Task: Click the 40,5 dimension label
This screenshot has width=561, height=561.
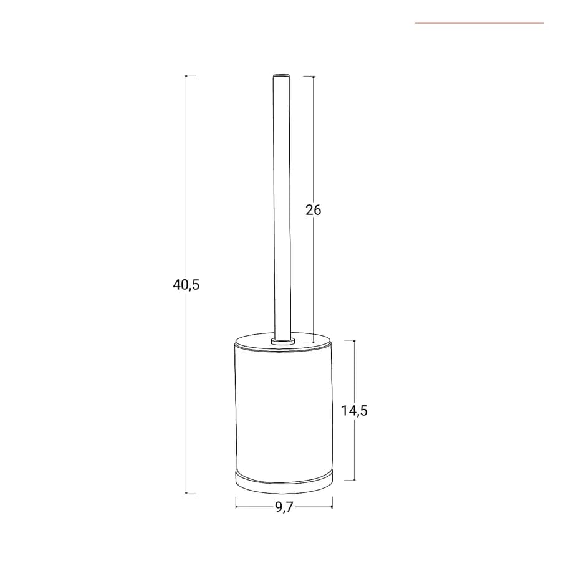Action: (186, 285)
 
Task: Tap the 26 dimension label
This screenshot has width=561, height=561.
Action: (314, 210)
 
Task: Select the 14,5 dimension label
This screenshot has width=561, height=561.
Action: (354, 411)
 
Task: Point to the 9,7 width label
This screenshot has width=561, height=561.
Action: (284, 507)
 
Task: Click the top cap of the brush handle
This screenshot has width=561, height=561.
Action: (282, 75)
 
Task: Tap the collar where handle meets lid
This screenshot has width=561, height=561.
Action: (282, 340)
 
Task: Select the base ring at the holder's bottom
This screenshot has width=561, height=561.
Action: (284, 482)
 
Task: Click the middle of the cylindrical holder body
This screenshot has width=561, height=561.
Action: (284, 411)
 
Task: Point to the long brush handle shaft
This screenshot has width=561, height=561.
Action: (282, 208)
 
